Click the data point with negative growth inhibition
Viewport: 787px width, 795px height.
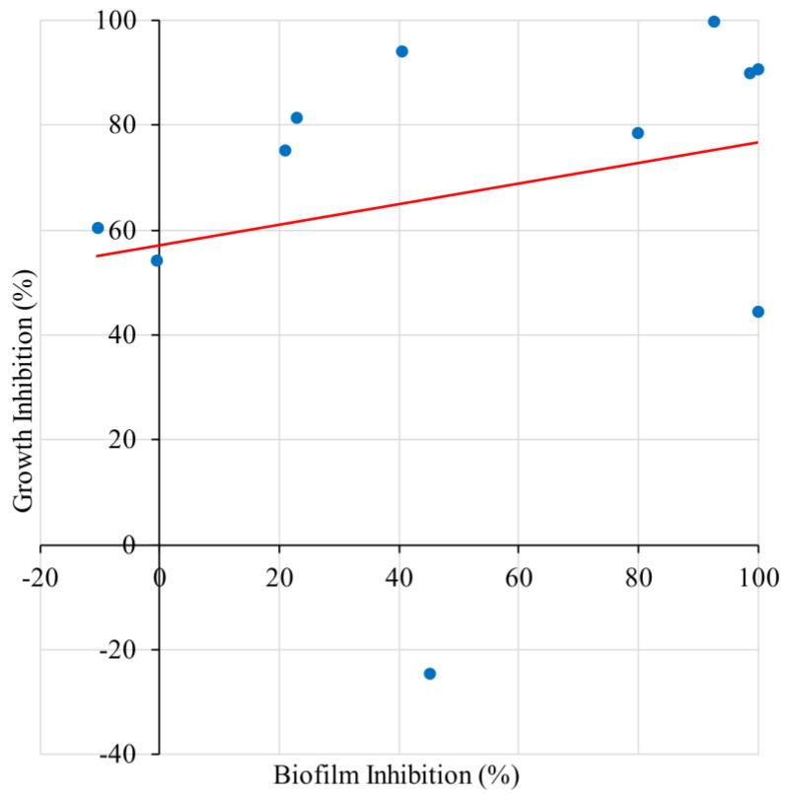pyautogui.click(x=429, y=674)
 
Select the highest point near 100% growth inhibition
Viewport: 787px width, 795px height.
pyautogui.click(x=714, y=22)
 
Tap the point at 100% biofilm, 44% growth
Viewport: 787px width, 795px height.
pyautogui.click(x=757, y=312)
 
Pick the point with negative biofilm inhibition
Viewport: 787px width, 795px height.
pyautogui.click(x=98, y=228)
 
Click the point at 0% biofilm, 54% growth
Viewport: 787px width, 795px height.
pyautogui.click(x=156, y=260)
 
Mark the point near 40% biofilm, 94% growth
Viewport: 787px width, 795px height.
pyautogui.click(x=401, y=51)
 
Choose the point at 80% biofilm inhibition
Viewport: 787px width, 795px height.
pyautogui.click(x=638, y=133)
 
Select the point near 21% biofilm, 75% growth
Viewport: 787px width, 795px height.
pyautogui.click(x=285, y=151)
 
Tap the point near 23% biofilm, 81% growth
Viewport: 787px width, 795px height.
pyautogui.click(x=297, y=118)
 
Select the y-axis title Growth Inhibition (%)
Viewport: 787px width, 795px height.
pyautogui.click(x=23, y=387)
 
